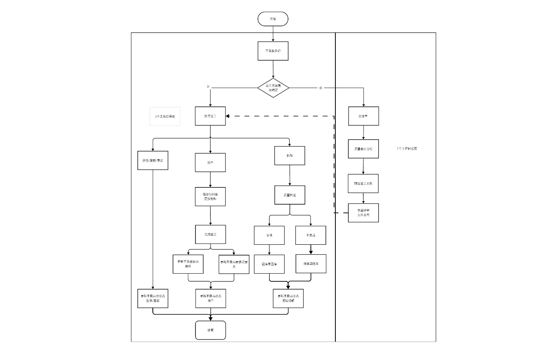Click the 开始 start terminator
pyautogui.click(x=273, y=19)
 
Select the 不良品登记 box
pyautogui.click(x=273, y=51)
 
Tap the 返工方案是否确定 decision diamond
pyautogui.click(x=273, y=87)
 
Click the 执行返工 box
pyautogui.click(x=210, y=116)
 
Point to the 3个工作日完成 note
pyautogui.click(x=165, y=116)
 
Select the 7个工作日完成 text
pyautogui.click(x=406, y=149)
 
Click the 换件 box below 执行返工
pyautogui.click(x=210, y=162)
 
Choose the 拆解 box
pyautogui.click(x=289, y=155)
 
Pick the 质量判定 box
pyautogui.click(x=289, y=195)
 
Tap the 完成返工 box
pyautogui.click(x=210, y=234)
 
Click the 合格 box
pyautogui.click(x=269, y=235)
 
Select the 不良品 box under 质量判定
pyautogui.click(x=310, y=235)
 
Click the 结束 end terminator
pyautogui.click(x=210, y=330)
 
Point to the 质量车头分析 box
pyautogui.click(x=363, y=149)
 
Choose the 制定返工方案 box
pyautogui.click(x=363, y=184)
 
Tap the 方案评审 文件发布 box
pyautogui.click(x=363, y=213)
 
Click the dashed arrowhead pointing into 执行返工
pyautogui.click(x=228, y=116)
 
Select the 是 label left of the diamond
pyautogui.click(x=208, y=87)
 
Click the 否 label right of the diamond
pyautogui.click(x=320, y=87)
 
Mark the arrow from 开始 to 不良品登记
pyautogui.click(x=273, y=34)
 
